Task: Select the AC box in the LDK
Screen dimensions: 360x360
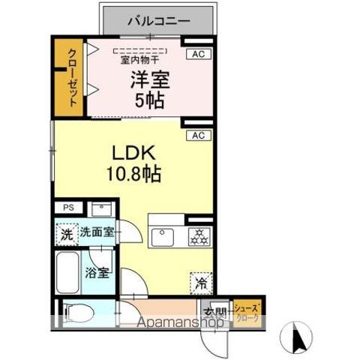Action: coord(198,136)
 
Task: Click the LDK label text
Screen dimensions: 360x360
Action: coord(134,153)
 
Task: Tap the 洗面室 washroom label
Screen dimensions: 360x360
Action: coord(97,232)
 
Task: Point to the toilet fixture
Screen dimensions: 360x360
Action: coord(76,310)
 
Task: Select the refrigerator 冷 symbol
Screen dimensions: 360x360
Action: coord(200,282)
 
